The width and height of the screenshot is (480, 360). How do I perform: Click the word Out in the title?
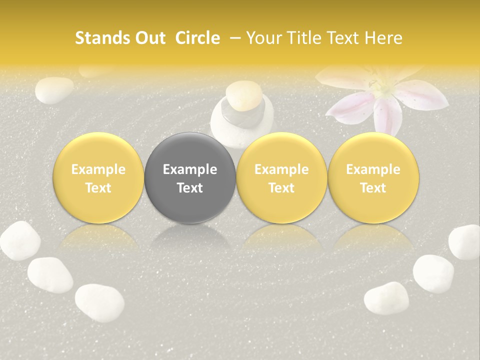pyautogui.click(x=149, y=38)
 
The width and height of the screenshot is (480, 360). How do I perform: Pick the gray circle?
pyautogui.click(x=190, y=178)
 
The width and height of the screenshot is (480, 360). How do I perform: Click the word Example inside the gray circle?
pyautogui.click(x=190, y=169)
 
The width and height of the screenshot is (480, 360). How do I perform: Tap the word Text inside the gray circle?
pyautogui.click(x=190, y=188)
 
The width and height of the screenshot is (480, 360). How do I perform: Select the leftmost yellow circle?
pyautogui.click(x=98, y=178)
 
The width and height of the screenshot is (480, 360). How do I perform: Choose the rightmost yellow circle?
pyautogui.click(x=373, y=178)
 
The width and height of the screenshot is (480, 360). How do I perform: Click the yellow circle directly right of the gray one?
pyautogui.click(x=281, y=178)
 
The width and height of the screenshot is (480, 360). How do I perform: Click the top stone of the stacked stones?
pyautogui.click(x=242, y=95)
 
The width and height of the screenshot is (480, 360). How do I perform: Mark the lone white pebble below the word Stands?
pyautogui.click(x=54, y=90)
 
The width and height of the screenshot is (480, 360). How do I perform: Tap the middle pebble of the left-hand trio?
pyautogui.click(x=50, y=274)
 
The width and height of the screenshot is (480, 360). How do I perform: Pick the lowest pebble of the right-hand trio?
pyautogui.click(x=386, y=298)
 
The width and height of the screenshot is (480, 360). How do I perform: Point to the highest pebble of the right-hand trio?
pyautogui.click(x=465, y=242)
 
